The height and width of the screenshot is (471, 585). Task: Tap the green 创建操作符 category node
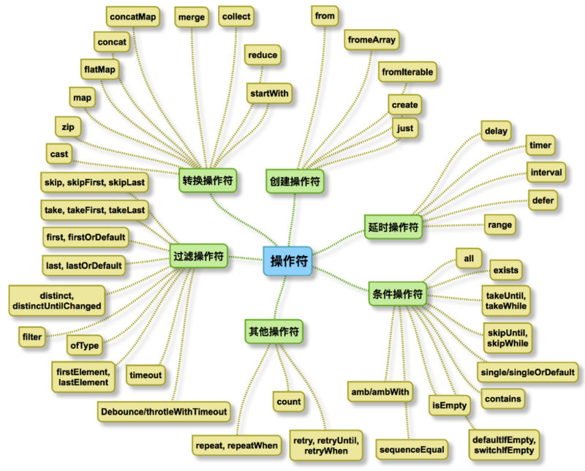point(295,180)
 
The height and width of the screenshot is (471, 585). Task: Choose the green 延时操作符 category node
point(393,227)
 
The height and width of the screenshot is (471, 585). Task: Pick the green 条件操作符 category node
point(398,294)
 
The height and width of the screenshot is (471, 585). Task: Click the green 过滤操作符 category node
point(198,256)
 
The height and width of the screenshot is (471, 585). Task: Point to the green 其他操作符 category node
point(274,331)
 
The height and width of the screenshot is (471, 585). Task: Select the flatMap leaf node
point(101,69)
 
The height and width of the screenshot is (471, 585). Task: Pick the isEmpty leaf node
point(448,403)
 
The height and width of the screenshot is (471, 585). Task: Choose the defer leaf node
point(546,199)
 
